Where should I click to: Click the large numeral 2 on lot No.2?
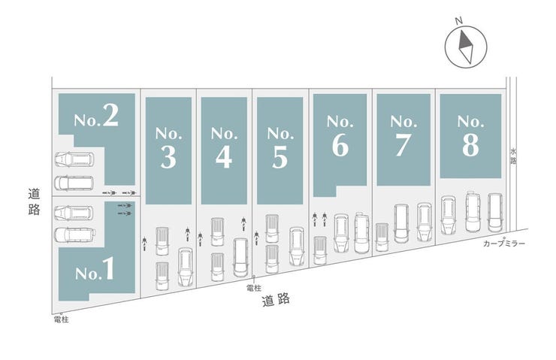110,115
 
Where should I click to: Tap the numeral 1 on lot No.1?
107,268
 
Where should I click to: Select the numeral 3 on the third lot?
168,157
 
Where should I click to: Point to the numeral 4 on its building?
224,157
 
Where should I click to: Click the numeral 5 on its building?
280,157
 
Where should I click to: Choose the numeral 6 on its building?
340,145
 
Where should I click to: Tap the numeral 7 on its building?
403,145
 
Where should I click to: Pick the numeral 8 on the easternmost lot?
470,145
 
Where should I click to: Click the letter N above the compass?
459,21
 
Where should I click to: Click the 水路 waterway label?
513,156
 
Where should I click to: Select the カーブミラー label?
504,244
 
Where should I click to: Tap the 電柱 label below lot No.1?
62,319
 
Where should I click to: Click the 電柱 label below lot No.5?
253,289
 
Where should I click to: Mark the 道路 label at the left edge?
34,201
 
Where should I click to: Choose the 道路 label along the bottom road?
276,300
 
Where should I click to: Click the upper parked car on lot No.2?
74,159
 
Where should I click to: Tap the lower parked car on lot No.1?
75,234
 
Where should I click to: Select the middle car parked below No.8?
473,212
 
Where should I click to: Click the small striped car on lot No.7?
382,237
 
